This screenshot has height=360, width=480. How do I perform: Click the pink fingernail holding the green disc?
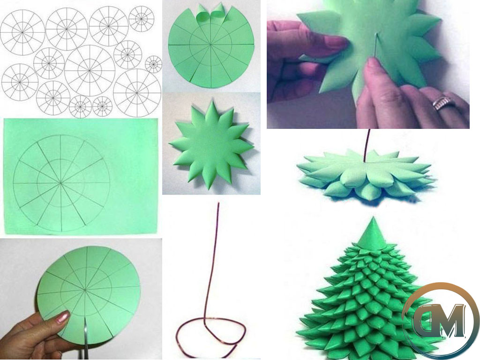tap(63, 317)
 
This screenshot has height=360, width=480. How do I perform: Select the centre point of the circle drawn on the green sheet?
tap(60, 183)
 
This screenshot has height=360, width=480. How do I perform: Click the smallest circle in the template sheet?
tap(153, 64)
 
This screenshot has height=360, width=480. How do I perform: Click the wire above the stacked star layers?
tap(367, 145)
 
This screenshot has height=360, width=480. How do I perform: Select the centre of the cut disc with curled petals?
tap(211, 45)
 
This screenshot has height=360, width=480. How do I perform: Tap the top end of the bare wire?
tap(218, 203)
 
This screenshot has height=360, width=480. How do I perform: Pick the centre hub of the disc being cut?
tap(85, 289)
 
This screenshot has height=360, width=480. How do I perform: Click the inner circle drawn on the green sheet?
tap(60, 183)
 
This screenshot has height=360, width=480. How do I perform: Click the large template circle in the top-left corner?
tap(22, 32)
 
